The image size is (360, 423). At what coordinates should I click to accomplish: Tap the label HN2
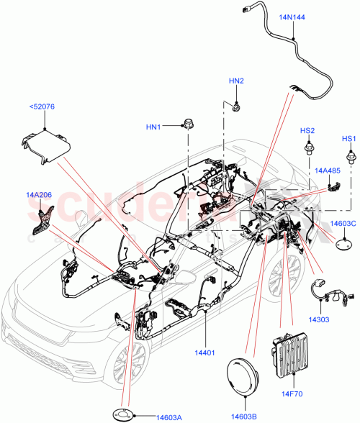point(237,81)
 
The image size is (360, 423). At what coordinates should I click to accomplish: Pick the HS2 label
point(307,130)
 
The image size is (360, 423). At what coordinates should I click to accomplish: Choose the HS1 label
point(349,138)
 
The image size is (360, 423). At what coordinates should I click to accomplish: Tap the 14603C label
point(343,224)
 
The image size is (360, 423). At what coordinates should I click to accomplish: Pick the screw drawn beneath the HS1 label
point(351,155)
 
